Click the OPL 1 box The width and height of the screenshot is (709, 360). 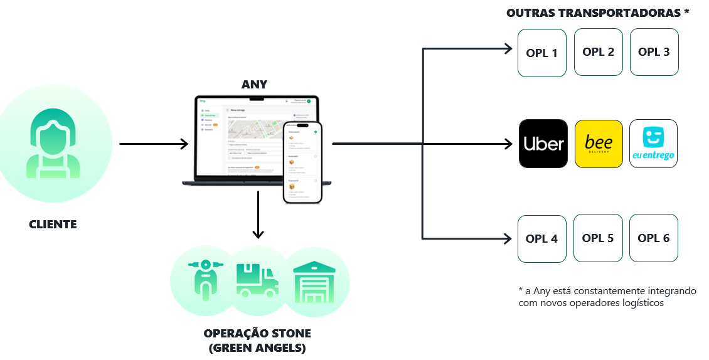tap(542, 53)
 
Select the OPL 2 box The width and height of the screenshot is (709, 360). tap(598, 52)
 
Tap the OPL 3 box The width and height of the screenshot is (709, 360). tap(654, 52)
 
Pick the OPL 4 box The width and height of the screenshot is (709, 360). tap(542, 238)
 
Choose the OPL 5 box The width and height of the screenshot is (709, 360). tap(598, 238)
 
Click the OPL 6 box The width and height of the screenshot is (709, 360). tap(654, 238)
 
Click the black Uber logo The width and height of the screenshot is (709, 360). tap(543, 144)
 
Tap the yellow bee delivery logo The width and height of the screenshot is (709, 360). tap(599, 144)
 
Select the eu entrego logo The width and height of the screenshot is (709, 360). tap(654, 144)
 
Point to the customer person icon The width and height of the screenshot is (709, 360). tap(53, 144)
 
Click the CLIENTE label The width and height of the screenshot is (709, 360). tap(53, 224)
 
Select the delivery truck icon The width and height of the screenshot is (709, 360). tap(257, 280)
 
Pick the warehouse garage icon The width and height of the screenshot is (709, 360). tap(313, 280)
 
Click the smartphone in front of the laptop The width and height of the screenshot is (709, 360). tap(303, 161)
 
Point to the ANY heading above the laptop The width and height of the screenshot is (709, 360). tap(254, 85)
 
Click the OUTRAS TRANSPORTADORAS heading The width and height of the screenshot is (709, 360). tap(597, 13)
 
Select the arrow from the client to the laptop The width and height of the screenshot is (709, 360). tap(154, 144)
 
